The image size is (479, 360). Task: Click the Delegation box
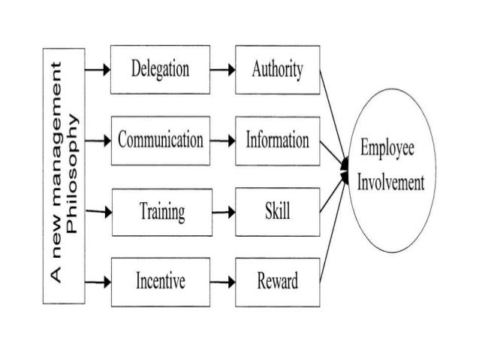coord(159,71)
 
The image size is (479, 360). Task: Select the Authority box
coord(278,71)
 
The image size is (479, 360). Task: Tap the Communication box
coord(159,141)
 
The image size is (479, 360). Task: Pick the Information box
coord(278,141)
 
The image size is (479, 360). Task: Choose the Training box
coord(159,212)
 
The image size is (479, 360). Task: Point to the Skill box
coord(278,212)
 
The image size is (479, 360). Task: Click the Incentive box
coord(159,282)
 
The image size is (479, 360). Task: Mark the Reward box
coord(278,282)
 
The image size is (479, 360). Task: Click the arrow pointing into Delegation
coord(98,71)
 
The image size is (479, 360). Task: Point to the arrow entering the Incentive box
coord(98,282)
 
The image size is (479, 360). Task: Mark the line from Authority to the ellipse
coord(333,113)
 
